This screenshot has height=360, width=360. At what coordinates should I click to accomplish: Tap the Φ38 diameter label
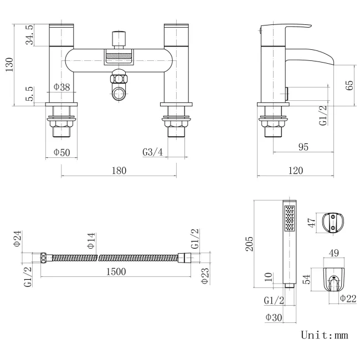pyautogui.click(x=61, y=87)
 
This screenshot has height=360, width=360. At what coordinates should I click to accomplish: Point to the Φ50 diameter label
pyautogui.click(x=61, y=152)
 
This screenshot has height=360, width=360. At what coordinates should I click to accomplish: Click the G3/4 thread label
pyautogui.click(x=153, y=152)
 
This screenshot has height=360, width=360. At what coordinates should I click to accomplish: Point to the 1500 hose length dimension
pyautogui.click(x=115, y=271)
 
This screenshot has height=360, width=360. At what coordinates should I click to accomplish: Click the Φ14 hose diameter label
pyautogui.click(x=91, y=240)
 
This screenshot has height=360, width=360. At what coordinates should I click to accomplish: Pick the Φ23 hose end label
pyautogui.click(x=205, y=275)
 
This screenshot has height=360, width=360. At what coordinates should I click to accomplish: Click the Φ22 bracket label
pyautogui.click(x=347, y=299)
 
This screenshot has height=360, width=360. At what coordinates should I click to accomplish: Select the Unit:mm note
pyautogui.click(x=325, y=335)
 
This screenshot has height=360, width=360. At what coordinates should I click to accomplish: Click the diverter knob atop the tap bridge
pyautogui.click(x=117, y=39)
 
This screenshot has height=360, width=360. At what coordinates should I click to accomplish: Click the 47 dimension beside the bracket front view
pyautogui.click(x=312, y=223)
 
